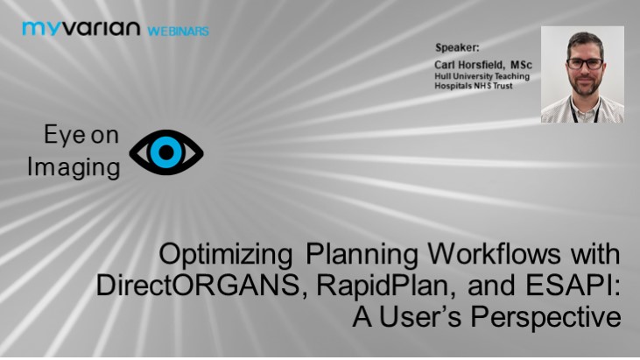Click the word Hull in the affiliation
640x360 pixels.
(x=444, y=76)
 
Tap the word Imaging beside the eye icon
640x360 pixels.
(x=74, y=168)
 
